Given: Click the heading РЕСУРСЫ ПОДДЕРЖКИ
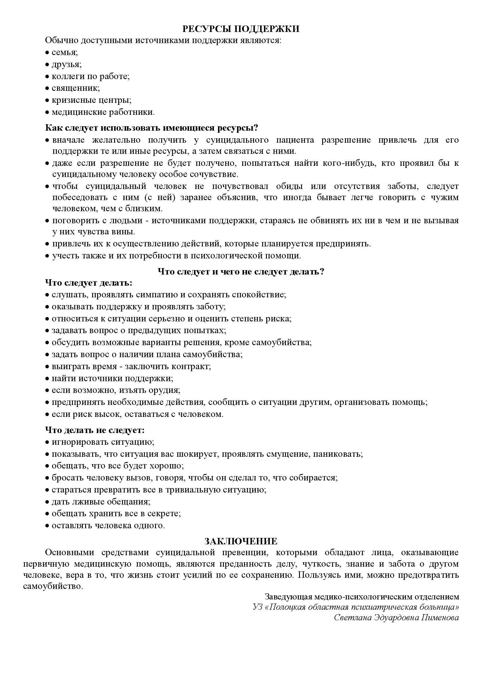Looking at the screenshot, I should [x=241, y=29].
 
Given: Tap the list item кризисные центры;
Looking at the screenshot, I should [x=91, y=100].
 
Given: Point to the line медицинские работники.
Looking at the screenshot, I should [x=103, y=112].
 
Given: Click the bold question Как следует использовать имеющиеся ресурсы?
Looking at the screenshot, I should [x=151, y=128].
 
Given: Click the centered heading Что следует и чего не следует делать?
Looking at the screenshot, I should [x=241, y=272].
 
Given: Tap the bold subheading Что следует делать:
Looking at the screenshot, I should [x=88, y=283].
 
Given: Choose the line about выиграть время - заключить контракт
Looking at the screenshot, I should [x=131, y=366].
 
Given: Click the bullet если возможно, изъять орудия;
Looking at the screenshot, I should [x=116, y=390].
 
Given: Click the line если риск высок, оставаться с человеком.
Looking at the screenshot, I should [x=137, y=414].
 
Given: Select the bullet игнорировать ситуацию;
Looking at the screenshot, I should [x=103, y=442].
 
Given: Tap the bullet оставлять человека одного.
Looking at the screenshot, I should [x=108, y=525].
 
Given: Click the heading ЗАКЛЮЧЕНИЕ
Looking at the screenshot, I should [x=241, y=541].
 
